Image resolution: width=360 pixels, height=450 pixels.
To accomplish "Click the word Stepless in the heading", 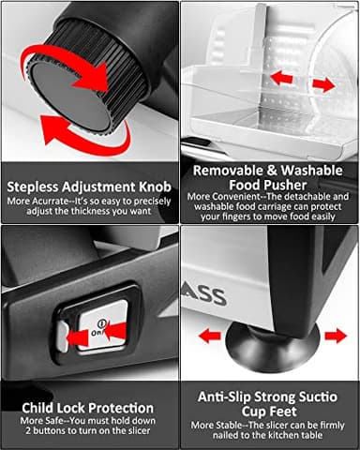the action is [33, 187].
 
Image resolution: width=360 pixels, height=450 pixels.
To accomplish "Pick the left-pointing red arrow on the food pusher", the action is [281, 78].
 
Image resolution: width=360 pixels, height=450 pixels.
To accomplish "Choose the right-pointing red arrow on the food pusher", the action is [323, 84].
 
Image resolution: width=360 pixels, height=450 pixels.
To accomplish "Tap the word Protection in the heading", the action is [121, 408].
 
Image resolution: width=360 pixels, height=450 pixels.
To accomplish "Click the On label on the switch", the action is [97, 332].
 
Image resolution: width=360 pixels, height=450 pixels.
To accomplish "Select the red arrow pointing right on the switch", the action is [78, 338].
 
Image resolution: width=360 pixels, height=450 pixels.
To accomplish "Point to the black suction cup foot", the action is [273, 347].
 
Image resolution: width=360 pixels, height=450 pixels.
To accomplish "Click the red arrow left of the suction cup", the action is [210, 337].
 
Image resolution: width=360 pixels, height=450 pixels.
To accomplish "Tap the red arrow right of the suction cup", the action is [336, 336].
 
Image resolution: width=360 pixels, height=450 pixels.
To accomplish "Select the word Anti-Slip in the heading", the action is [224, 397].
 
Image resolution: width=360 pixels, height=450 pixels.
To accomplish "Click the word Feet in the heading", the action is [282, 412].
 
